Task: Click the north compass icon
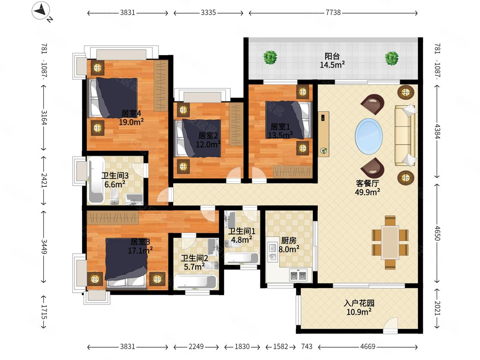point(41,10)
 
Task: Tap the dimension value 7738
point(333,13)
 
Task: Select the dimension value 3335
point(208,13)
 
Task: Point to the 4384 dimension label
point(437,131)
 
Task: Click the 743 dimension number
point(306,346)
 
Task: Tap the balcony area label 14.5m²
point(332,65)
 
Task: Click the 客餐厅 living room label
point(367,183)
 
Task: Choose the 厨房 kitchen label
point(289,241)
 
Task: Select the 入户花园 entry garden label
point(359,303)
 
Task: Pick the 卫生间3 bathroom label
point(115,176)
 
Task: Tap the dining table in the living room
point(390,243)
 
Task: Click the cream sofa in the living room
point(405,135)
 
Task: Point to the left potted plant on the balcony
point(270,58)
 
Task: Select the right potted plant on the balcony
point(392,58)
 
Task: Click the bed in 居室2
point(198,138)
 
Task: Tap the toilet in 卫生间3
point(114,196)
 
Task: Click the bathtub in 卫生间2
point(195,282)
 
